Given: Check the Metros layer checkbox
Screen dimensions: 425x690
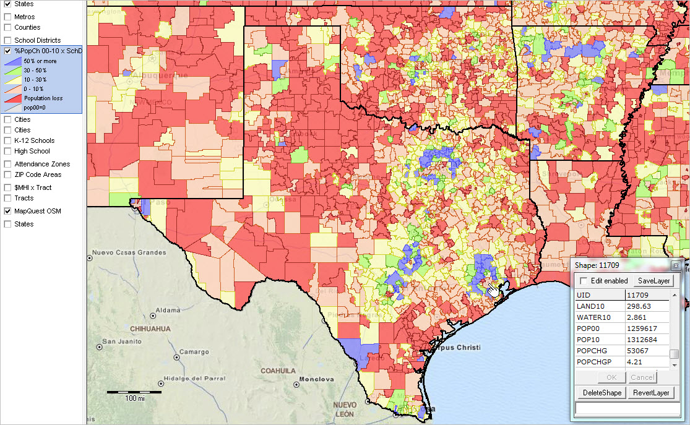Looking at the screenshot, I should coord(8,17).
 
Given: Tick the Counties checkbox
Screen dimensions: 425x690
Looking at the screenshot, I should coord(8,27).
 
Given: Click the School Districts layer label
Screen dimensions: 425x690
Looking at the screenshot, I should coord(37,40).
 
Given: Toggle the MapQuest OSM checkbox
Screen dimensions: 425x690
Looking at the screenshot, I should coord(8,211).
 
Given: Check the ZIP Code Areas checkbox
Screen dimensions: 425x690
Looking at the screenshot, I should coord(8,174).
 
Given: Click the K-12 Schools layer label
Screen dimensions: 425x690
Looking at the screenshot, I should coord(34,140).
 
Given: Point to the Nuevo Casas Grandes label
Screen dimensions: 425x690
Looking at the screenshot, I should coord(129,252).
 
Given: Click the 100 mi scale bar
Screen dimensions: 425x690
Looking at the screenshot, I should coord(134,392).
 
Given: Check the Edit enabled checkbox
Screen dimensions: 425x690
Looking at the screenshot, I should coord(584,281).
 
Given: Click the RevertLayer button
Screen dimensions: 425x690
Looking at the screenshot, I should coord(651,393).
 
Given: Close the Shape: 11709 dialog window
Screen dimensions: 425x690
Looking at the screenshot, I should coord(676,265).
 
